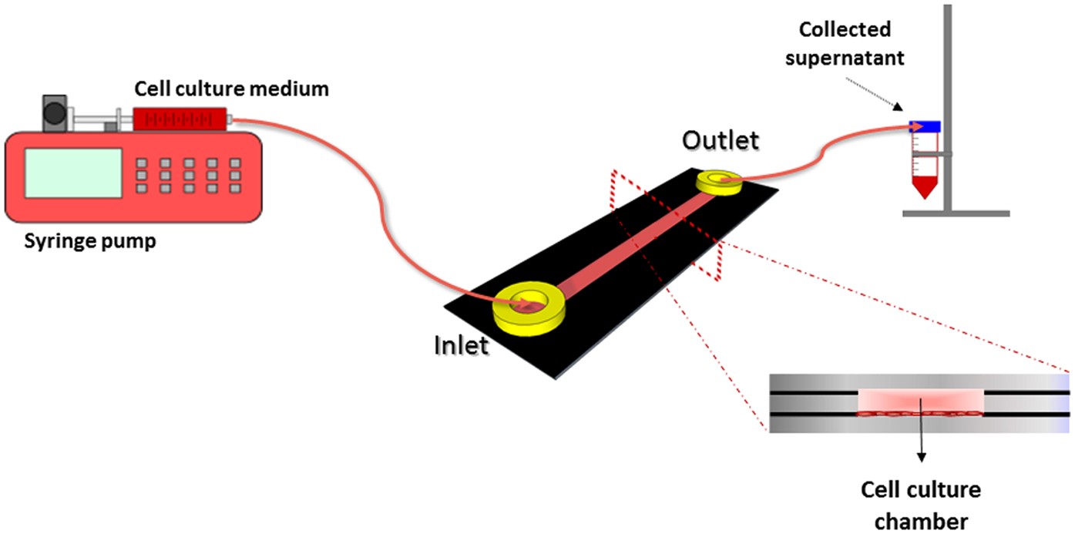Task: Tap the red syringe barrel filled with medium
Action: click(182, 118)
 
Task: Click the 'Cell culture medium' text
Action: click(231, 89)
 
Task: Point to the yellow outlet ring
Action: click(719, 183)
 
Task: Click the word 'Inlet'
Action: click(461, 344)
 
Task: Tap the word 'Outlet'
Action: click(720, 140)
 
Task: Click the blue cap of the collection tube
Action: click(925, 126)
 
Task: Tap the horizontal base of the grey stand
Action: click(956, 213)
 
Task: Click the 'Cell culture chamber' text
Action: click(920, 500)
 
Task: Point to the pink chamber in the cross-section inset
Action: click(920, 401)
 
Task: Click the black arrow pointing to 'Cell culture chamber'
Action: click(920, 439)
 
